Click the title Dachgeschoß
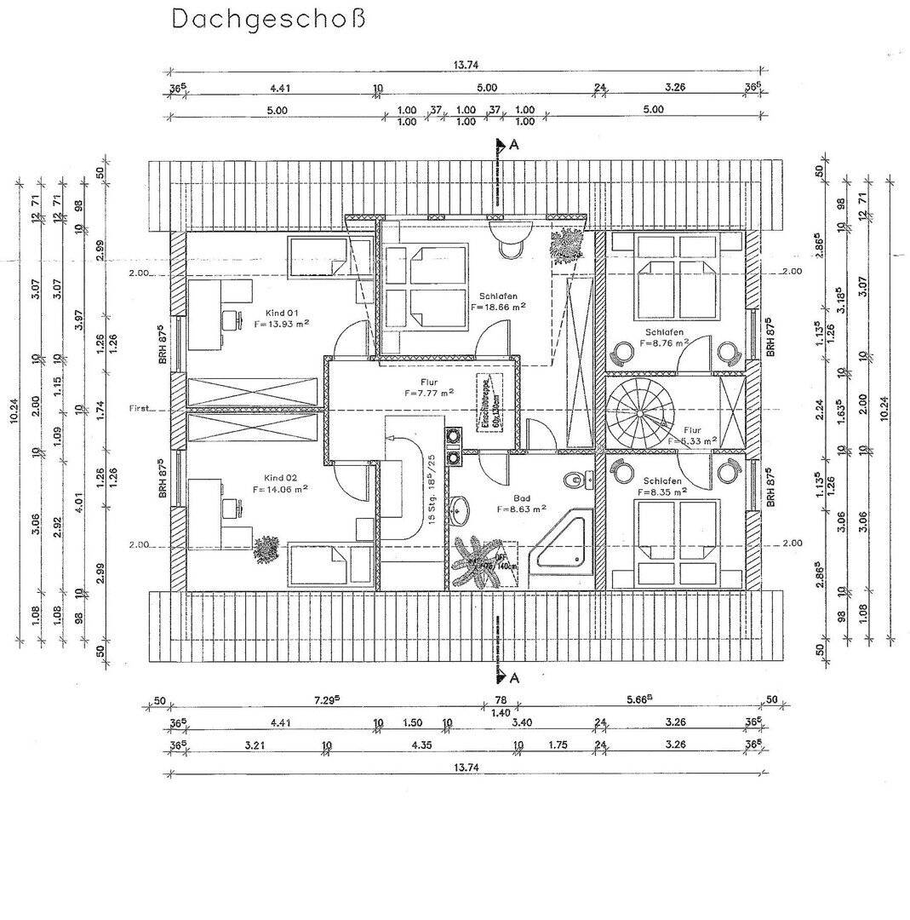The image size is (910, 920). (x=269, y=18)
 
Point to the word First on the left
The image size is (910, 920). (x=139, y=408)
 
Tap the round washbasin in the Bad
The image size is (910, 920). (x=461, y=513)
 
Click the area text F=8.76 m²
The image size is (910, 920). (x=661, y=345)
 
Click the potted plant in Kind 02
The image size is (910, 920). (x=267, y=548)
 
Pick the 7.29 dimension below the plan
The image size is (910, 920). (x=324, y=699)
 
